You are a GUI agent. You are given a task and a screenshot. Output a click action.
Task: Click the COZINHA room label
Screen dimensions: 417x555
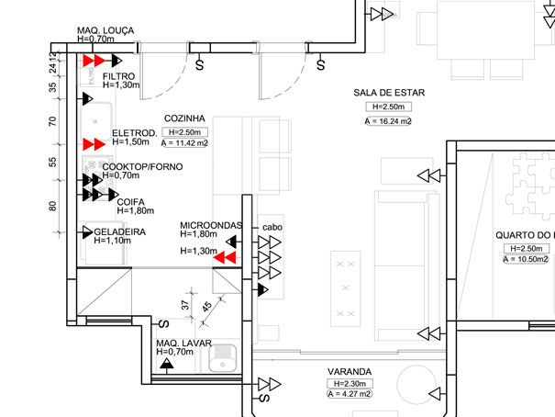tap(183, 118)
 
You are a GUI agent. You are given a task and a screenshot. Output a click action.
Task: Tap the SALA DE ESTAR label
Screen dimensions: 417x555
tap(385, 94)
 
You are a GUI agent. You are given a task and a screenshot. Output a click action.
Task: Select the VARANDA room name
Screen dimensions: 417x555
tap(349, 372)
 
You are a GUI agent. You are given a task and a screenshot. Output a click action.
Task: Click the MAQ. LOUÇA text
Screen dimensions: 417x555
tap(105, 30)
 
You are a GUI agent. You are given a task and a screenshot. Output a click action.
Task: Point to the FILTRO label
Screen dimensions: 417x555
tap(119, 75)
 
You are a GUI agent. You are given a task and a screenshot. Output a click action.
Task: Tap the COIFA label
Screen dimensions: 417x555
tap(129, 200)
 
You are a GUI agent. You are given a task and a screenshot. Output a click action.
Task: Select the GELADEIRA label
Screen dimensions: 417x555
tap(119, 231)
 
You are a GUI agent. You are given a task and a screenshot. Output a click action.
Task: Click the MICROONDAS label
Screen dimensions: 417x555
tap(210, 225)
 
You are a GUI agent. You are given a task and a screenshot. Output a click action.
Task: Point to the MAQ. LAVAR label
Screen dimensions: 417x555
tap(183, 343)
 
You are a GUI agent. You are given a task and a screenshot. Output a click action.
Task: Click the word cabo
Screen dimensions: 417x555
tap(272, 226)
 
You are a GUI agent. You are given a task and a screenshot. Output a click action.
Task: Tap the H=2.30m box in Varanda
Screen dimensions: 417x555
tap(349, 383)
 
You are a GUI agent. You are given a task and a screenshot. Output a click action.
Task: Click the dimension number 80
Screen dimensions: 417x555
tap(52, 205)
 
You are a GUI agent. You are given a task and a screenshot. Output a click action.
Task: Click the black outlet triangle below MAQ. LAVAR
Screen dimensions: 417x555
tap(166, 365)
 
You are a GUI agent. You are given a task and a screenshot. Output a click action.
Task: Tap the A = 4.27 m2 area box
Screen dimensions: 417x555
tap(349, 394)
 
